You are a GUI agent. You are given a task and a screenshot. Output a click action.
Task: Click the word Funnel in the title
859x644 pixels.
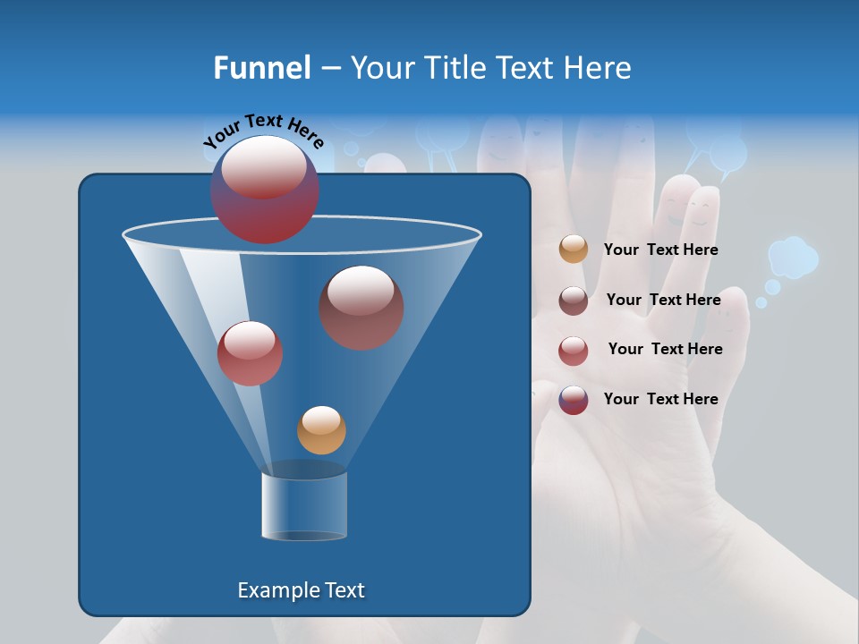click(261, 68)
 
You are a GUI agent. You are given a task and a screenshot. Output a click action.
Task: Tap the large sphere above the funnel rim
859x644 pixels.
click(265, 190)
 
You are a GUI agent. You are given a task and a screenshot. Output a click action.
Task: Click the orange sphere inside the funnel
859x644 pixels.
click(321, 430)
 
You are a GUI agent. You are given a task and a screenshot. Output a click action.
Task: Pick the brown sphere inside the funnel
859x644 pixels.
click(361, 308)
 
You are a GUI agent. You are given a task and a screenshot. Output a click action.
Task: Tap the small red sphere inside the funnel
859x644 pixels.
click(250, 353)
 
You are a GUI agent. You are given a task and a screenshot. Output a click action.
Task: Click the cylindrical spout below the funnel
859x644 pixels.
click(304, 505)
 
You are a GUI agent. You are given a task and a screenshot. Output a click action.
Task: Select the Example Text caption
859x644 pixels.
click(302, 590)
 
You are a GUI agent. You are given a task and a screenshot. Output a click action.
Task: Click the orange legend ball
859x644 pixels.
click(574, 250)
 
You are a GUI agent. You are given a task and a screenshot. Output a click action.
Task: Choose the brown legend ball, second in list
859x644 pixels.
click(574, 300)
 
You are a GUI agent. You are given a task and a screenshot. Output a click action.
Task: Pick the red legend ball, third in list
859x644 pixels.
click(574, 350)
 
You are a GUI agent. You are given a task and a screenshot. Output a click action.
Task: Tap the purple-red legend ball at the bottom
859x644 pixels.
click(574, 400)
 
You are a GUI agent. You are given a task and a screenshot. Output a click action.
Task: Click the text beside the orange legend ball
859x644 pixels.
click(660, 250)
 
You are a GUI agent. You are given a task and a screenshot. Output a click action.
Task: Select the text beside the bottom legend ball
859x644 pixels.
click(660, 399)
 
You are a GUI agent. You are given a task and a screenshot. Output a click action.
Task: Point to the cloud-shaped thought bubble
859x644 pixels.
click(793, 257)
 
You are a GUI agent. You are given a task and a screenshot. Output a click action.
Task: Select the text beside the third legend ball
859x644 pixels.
click(665, 349)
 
